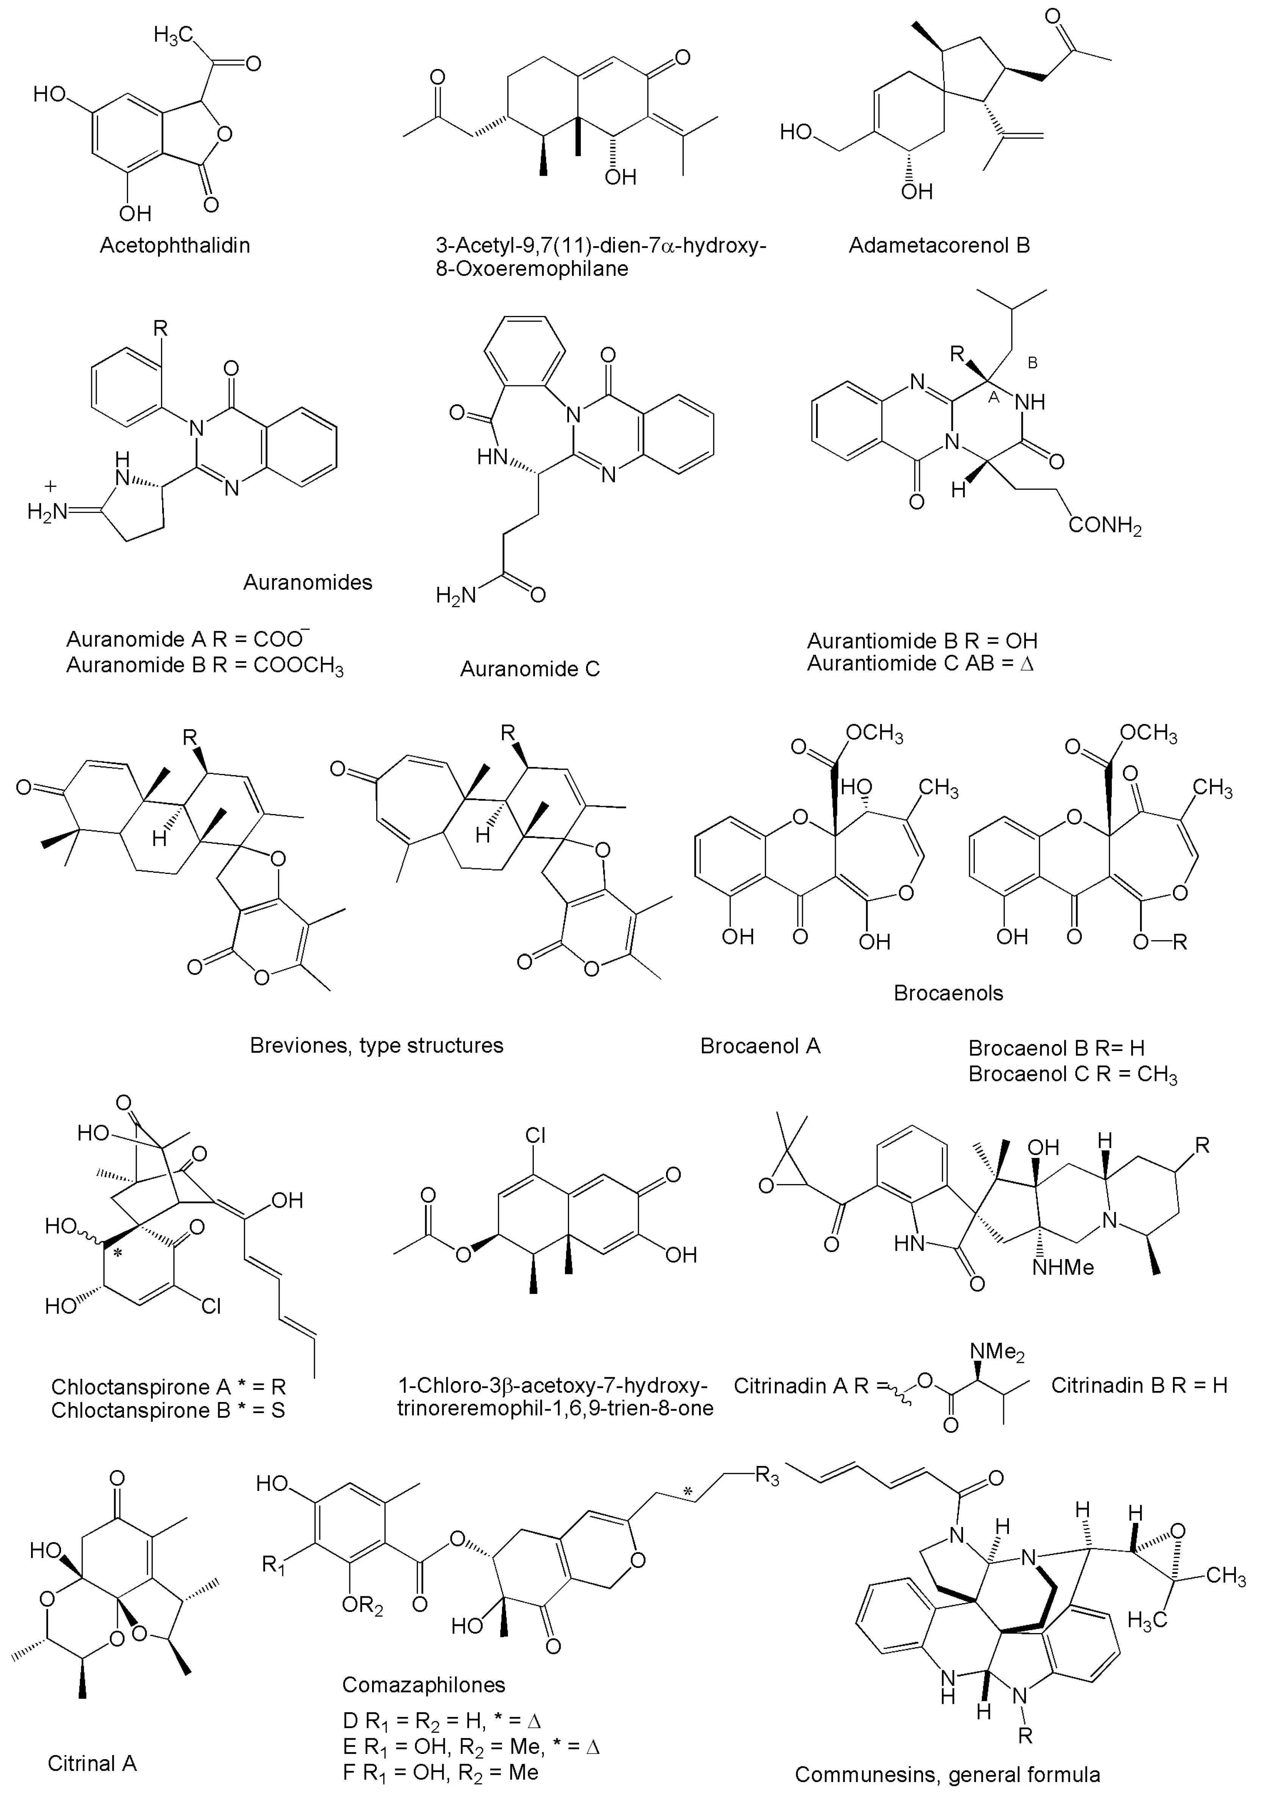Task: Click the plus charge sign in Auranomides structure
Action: pos(52,487)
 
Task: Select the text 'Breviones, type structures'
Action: pos(377,1046)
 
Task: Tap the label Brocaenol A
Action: pos(760,1046)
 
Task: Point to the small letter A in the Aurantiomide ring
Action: pos(993,398)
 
